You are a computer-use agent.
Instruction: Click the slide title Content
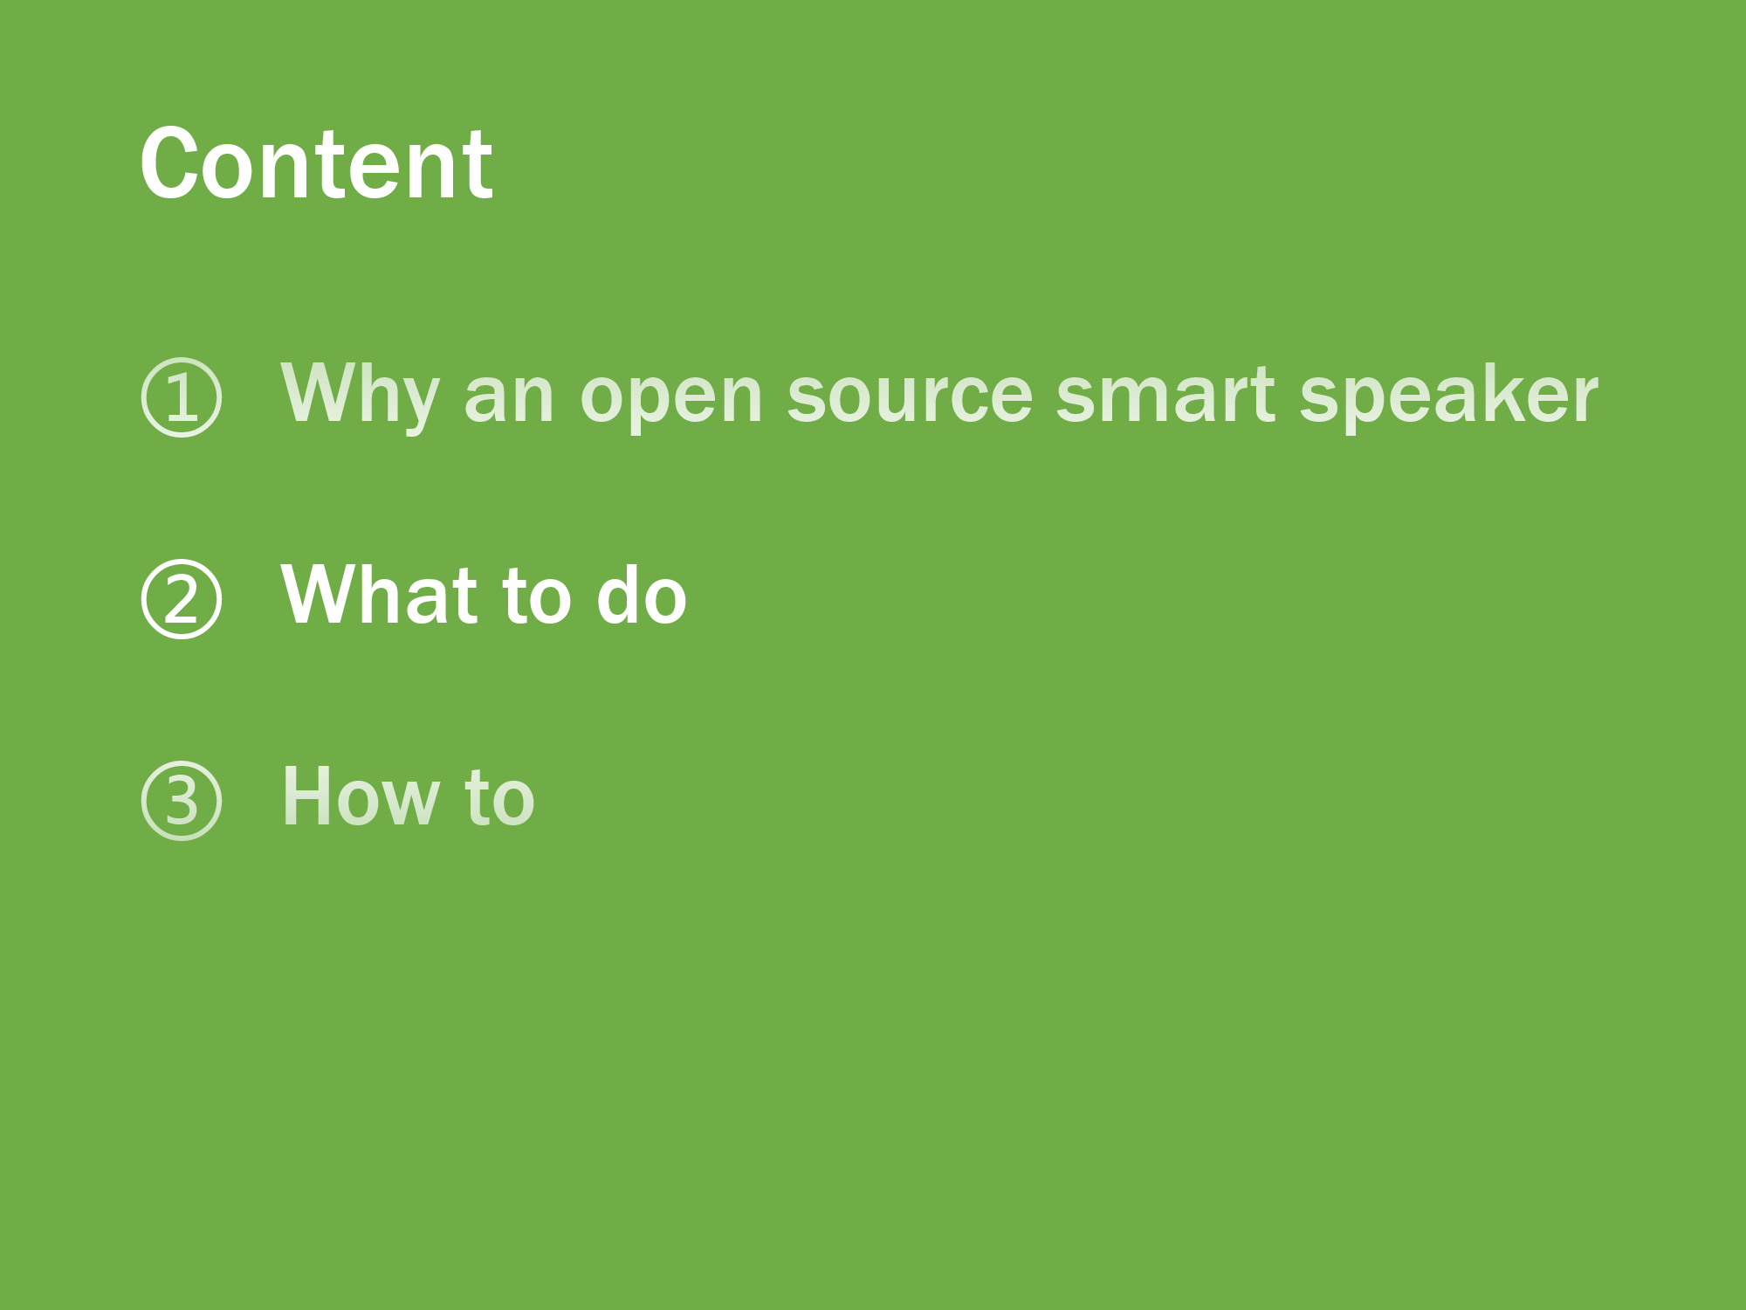click(x=316, y=163)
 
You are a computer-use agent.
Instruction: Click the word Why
click(x=360, y=397)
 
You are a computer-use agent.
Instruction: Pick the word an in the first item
click(x=509, y=403)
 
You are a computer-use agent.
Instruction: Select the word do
click(x=642, y=595)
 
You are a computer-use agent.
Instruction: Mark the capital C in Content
click(x=168, y=163)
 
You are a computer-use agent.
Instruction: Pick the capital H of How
click(x=307, y=796)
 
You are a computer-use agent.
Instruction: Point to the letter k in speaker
click(x=1500, y=394)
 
